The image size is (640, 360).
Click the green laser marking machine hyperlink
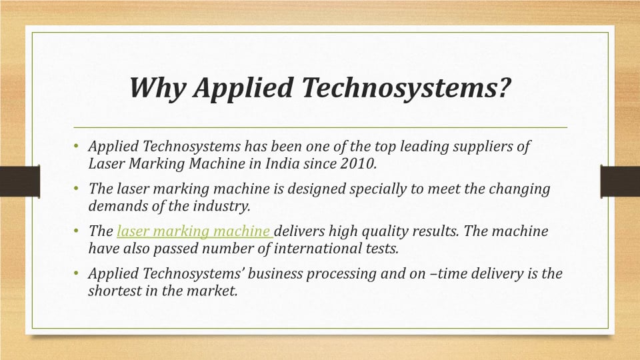[193, 231]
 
